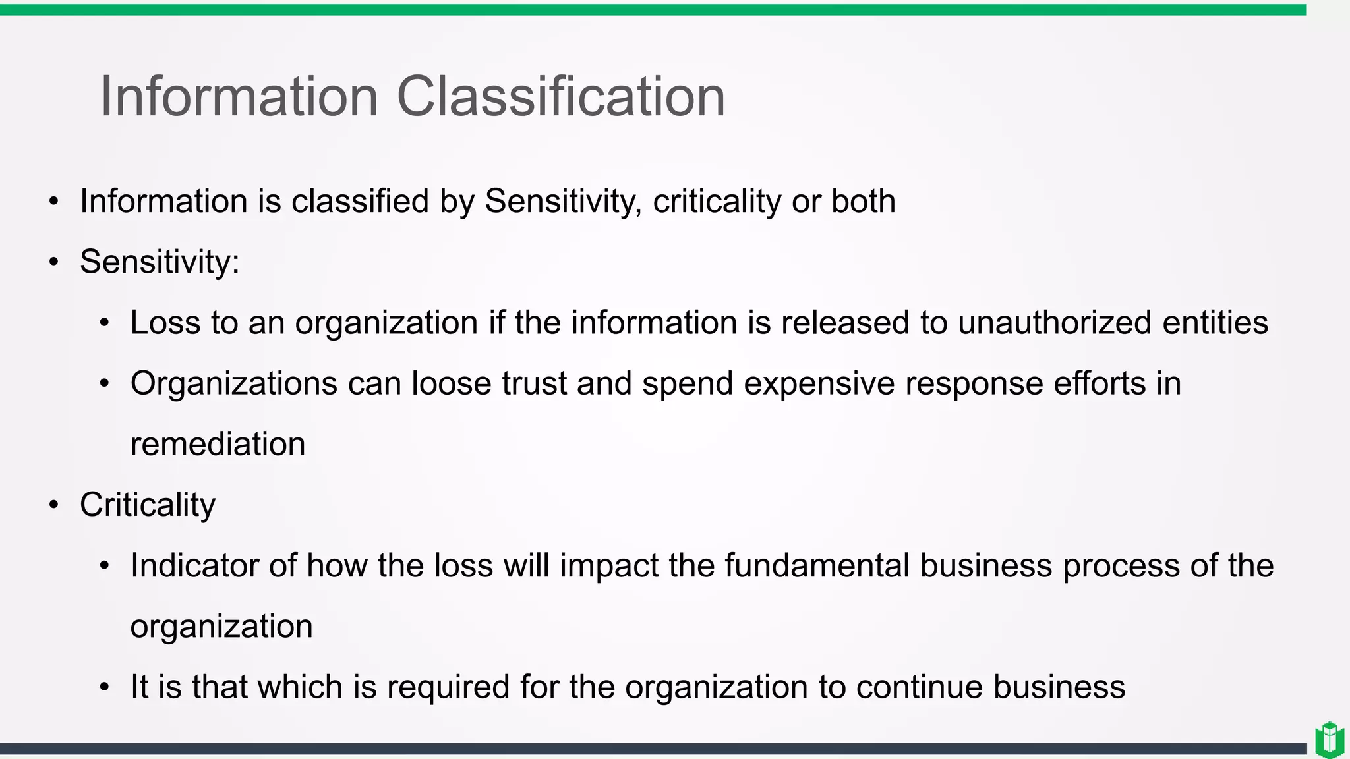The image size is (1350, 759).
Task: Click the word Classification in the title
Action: click(x=560, y=97)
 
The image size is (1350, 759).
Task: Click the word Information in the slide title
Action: click(x=239, y=97)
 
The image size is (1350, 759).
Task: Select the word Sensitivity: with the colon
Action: click(x=160, y=262)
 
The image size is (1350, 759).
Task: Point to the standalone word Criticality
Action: click(x=148, y=505)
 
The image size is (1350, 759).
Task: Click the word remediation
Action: click(x=218, y=444)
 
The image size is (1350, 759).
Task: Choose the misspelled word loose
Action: click(x=452, y=383)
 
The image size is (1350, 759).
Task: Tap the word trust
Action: click(x=534, y=383)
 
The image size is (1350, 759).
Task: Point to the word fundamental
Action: click(x=817, y=565)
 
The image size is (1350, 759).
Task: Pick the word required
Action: click(x=448, y=688)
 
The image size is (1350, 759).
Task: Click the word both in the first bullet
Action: click(x=863, y=201)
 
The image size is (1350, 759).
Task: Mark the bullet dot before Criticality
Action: click(x=54, y=505)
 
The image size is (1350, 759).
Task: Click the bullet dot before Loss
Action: click(x=104, y=323)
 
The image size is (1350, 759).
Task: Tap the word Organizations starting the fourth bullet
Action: click(x=234, y=384)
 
